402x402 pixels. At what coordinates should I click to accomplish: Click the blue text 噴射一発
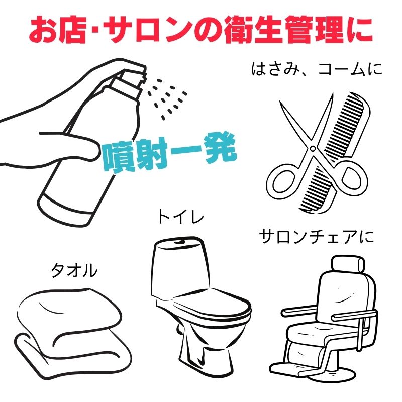(x=169, y=153)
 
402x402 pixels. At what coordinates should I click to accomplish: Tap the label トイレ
(x=180, y=217)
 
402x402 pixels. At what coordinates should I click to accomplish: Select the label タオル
(x=74, y=270)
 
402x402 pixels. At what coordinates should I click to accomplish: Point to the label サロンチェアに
(x=317, y=236)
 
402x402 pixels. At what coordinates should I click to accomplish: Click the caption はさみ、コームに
(x=317, y=69)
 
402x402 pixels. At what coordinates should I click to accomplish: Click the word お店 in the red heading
(x=57, y=30)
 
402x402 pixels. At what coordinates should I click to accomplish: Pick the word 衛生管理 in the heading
(x=280, y=30)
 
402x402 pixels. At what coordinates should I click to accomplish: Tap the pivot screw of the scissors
(x=313, y=148)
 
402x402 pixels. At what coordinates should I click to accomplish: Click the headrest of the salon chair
(x=348, y=263)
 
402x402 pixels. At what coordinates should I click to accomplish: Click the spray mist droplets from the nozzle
(x=167, y=98)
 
